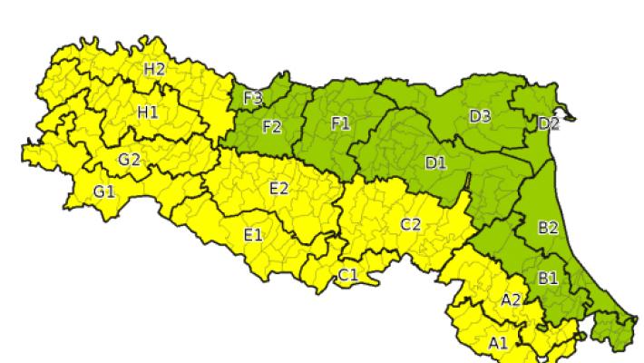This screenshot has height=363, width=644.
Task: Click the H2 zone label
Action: [154, 68]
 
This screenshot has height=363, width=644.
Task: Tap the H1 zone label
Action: [147, 112]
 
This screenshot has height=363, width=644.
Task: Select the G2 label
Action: [129, 160]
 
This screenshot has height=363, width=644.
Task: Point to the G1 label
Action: [104, 191]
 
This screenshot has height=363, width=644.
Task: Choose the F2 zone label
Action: [272, 127]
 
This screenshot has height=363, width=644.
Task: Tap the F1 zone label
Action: [340, 124]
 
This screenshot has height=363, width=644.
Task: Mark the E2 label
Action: [279, 188]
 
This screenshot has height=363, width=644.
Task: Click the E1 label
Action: [253, 235]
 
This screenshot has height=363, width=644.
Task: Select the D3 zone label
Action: [480, 115]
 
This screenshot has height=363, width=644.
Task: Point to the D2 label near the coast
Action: [549, 124]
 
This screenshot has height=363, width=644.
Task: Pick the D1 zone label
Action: [435, 163]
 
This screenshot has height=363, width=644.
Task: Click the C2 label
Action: [410, 224]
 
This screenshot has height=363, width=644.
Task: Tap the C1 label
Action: [348, 274]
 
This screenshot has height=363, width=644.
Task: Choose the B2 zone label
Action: [548, 228]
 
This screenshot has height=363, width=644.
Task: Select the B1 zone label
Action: [548, 278]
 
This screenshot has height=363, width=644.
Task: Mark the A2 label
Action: [511, 299]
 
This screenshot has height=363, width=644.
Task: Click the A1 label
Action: [498, 342]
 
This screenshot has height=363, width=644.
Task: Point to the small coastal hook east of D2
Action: [570, 114]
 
